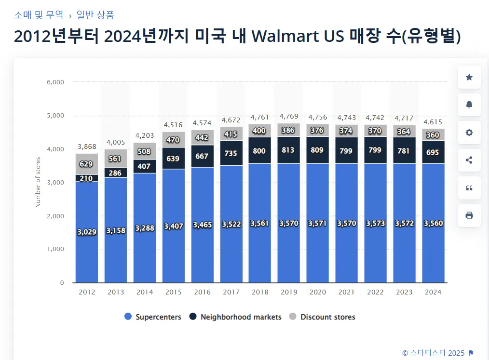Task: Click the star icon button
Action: tap(469, 77)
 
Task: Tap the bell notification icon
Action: tap(469, 105)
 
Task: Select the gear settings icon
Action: tap(469, 132)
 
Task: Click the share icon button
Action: tap(469, 160)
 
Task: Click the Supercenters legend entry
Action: tap(153, 317)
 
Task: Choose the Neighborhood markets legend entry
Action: tap(235, 317)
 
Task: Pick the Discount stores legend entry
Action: tap(322, 317)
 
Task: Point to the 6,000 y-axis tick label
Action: tap(55, 82)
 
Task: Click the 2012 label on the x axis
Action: tap(87, 292)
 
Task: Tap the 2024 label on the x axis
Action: tap(433, 292)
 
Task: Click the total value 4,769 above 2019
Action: tap(289, 116)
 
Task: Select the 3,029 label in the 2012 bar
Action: tap(87, 232)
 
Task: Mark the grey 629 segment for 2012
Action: tap(87, 164)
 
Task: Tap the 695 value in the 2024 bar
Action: tap(433, 153)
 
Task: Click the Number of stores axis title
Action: tap(38, 182)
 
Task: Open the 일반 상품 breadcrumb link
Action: tap(95, 15)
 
